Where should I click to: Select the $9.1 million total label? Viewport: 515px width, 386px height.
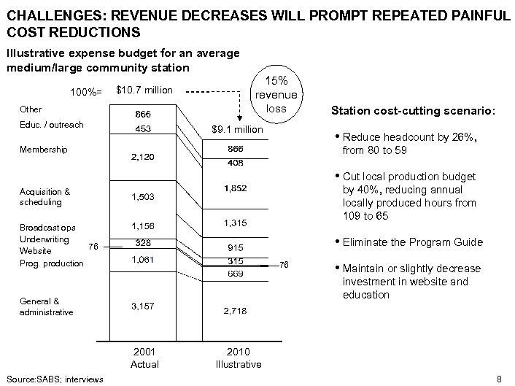(x=236, y=129)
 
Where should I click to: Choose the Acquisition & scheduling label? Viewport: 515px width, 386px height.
(x=44, y=197)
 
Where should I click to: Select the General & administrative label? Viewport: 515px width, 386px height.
(x=47, y=306)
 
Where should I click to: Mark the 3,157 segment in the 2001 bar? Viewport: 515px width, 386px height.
(x=143, y=306)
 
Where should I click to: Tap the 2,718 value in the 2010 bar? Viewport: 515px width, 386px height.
(x=236, y=312)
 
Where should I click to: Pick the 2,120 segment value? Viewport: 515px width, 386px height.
(x=143, y=157)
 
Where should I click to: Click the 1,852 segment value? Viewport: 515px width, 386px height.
(x=236, y=188)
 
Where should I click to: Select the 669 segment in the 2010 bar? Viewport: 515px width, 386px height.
(x=236, y=273)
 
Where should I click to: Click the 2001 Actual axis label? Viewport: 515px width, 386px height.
(x=144, y=358)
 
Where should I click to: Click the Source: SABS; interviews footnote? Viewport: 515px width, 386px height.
(x=53, y=378)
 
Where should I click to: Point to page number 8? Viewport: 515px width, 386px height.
(x=499, y=378)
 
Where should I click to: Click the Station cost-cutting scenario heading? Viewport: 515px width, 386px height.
(x=414, y=112)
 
